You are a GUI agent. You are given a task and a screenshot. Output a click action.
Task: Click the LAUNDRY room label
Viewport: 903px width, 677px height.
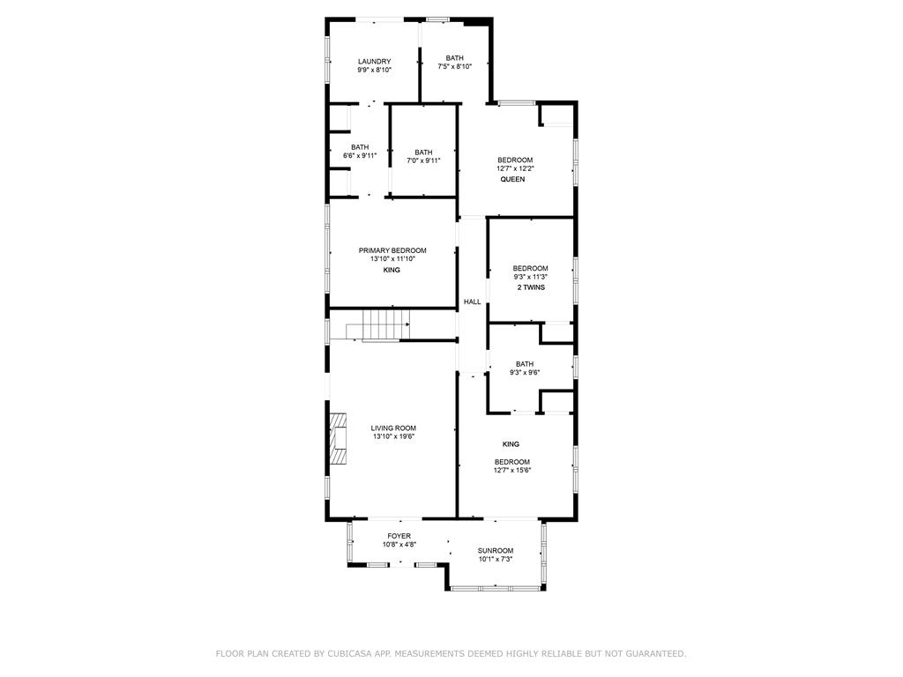[374, 62]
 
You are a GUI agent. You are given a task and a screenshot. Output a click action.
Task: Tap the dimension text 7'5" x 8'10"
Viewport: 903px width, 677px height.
[454, 66]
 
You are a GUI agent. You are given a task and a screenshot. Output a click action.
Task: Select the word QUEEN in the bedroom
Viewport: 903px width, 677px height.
[512, 179]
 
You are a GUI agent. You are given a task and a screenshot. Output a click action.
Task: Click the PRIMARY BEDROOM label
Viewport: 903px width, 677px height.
[392, 250]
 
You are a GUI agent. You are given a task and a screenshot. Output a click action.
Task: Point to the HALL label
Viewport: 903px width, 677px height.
[473, 301]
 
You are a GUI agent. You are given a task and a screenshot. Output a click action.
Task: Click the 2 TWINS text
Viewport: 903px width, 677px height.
[531, 287]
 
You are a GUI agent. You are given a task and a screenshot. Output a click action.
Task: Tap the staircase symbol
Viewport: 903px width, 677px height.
[377, 325]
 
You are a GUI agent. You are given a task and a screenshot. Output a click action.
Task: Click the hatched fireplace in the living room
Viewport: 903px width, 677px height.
[338, 438]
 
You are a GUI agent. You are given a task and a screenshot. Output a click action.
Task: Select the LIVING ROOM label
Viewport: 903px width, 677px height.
[393, 428]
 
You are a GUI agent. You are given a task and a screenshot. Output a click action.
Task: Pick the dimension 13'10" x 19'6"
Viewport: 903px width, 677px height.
[393, 436]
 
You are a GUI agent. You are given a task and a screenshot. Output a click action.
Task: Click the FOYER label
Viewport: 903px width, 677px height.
[399, 536]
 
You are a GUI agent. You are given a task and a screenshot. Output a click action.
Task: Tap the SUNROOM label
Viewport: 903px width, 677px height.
[496, 551]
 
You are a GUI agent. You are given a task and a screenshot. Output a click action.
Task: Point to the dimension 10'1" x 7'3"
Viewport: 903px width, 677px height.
[496, 559]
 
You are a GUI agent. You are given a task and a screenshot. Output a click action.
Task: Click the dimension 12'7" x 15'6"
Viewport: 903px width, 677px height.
[512, 470]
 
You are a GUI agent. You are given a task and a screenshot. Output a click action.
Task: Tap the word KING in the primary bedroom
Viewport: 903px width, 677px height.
[392, 270]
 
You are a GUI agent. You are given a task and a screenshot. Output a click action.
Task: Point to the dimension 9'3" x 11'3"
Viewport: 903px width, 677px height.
[530, 276]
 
